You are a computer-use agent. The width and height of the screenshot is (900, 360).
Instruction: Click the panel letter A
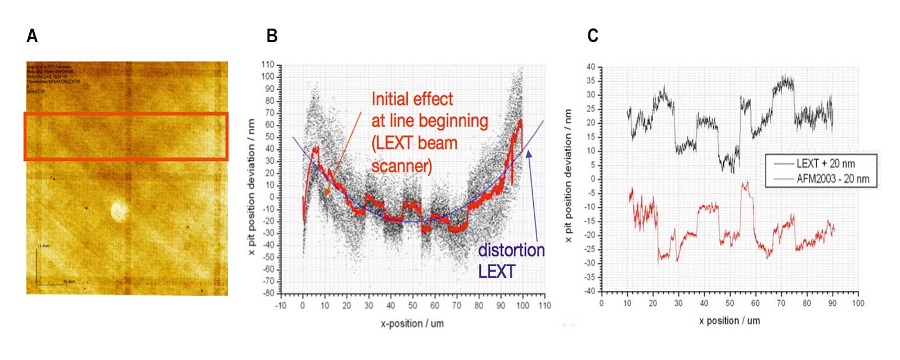coord(32,36)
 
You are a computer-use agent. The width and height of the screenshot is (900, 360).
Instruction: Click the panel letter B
coord(272,36)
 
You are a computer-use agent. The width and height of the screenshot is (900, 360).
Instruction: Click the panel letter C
coord(592,36)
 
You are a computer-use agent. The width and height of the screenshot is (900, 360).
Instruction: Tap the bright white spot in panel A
coord(118,210)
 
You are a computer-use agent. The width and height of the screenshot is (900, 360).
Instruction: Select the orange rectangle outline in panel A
coord(125,114)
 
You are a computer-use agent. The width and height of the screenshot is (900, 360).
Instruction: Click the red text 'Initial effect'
coord(412,99)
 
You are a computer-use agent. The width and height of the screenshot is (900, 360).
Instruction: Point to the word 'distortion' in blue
coord(511,250)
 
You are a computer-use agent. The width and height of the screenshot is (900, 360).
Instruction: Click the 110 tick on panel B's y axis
coord(268,65)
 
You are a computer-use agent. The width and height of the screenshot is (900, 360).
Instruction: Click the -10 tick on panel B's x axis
coord(281,305)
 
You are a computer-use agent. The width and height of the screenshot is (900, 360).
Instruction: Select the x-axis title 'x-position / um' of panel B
coord(412,323)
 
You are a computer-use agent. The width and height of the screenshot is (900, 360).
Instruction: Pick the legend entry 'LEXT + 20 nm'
coord(825,164)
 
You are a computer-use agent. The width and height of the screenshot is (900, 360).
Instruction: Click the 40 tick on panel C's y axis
coord(591,67)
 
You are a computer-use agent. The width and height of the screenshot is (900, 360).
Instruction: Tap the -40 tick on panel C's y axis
coord(589,291)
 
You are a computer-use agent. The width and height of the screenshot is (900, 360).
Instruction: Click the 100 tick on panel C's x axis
coord(858,303)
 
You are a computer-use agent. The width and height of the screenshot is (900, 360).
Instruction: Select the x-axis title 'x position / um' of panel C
coord(730,321)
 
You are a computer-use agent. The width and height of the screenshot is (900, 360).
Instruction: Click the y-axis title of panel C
coord(569,175)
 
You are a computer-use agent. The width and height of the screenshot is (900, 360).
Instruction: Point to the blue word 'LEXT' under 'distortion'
coord(496,272)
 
